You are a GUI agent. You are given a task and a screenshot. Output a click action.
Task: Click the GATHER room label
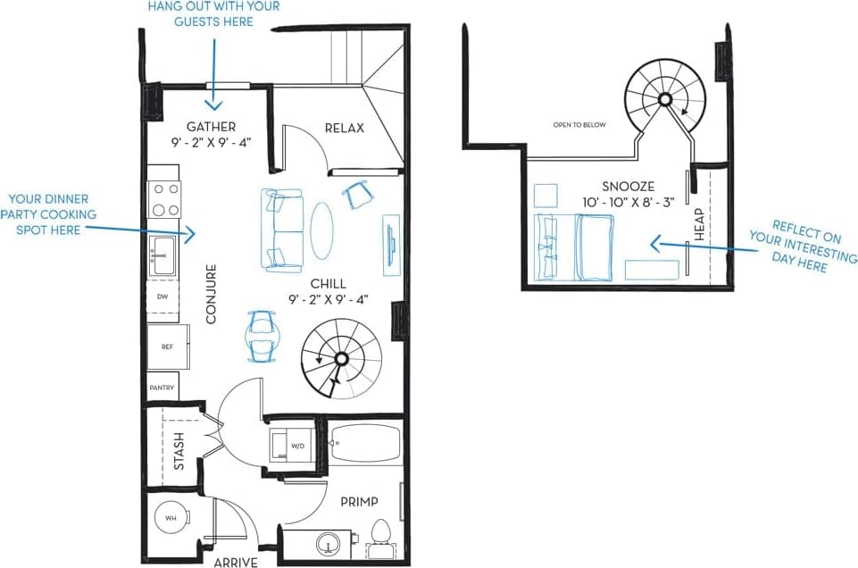[x=211, y=127]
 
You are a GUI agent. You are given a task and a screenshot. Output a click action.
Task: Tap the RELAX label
[x=344, y=128]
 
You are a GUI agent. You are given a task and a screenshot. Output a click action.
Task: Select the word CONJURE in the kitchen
[x=212, y=293]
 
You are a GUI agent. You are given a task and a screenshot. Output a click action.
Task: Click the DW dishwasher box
[x=162, y=296]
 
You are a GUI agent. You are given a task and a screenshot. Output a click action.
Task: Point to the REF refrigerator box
[x=167, y=347]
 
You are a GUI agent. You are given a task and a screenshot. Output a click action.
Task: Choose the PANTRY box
[x=162, y=388]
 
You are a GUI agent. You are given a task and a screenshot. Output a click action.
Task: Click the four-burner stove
[x=164, y=199]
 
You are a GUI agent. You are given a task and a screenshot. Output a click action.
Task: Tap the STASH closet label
[x=179, y=451]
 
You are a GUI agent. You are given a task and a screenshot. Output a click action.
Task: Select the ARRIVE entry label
[x=236, y=562]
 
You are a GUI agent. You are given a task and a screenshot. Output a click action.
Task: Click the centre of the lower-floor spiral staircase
[x=340, y=359]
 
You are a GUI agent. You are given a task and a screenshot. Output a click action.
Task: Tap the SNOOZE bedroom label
[x=628, y=186]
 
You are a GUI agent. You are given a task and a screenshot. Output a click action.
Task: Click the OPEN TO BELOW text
[x=579, y=125]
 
